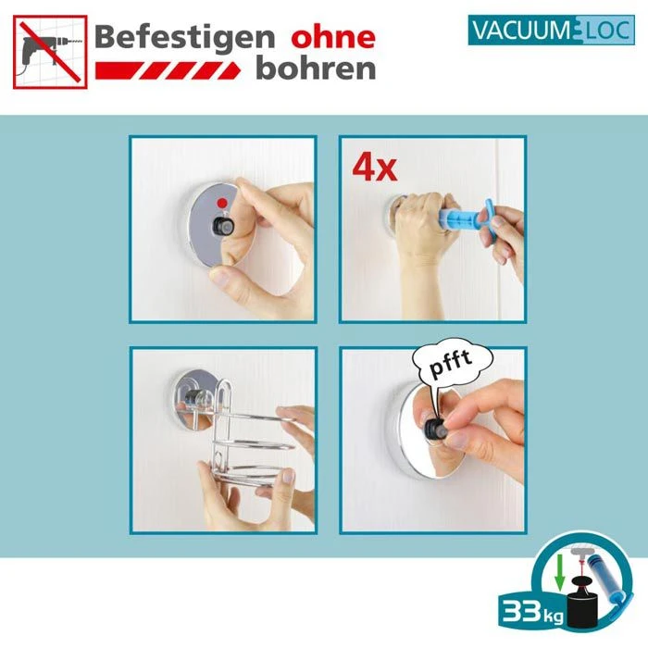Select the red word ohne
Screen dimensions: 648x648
[333, 38]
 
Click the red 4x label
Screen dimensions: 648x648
[374, 169]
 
